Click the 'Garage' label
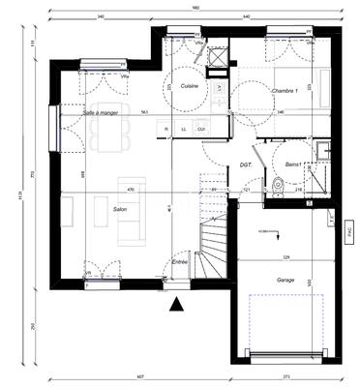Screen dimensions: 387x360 (x=285, y=279)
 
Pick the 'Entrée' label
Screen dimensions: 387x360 (x=180, y=262)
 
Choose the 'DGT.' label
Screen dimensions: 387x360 (x=246, y=165)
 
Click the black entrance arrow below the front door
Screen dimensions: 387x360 (x=176, y=306)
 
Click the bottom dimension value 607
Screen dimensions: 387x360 (x=139, y=376)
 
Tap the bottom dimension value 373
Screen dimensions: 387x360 (x=286, y=376)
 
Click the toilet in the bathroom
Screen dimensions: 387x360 (x=278, y=185)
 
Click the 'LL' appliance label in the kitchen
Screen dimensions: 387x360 (x=183, y=129)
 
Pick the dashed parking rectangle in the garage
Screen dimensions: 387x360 (x=285, y=324)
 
